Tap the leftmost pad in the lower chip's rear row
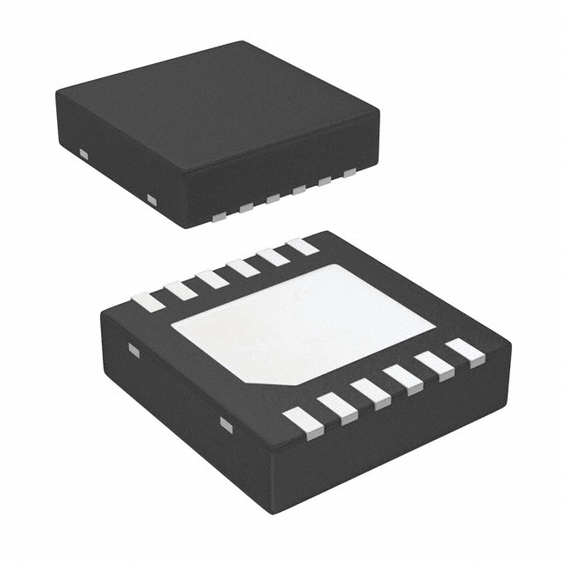(148, 302)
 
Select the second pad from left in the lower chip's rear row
(180, 290)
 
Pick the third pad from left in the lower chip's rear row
(212, 278)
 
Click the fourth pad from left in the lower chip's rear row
(242, 267)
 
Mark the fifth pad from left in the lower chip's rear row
(272, 256)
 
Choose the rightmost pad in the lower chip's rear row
(301, 246)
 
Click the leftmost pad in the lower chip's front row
(304, 421)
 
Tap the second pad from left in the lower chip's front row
(337, 407)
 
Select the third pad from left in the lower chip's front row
(371, 393)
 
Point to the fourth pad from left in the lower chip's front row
(402, 379)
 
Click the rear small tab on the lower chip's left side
(133, 349)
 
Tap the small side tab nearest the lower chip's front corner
(226, 425)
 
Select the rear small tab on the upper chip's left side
(84, 155)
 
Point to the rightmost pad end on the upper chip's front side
(349, 172)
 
